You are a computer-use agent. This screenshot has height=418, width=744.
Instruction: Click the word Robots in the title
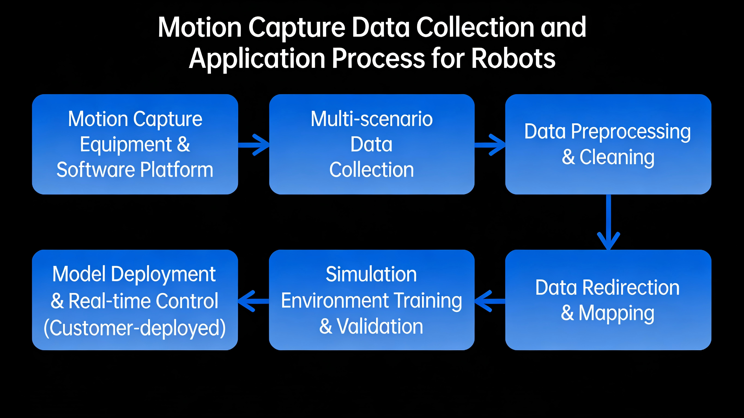click(513, 58)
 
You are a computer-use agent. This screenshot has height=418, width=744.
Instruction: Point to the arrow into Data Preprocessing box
click(490, 145)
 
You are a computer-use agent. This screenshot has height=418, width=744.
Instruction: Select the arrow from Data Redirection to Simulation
click(490, 301)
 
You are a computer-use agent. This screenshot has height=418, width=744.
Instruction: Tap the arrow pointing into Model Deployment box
click(253, 301)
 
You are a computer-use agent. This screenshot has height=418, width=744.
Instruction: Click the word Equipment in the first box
click(126, 144)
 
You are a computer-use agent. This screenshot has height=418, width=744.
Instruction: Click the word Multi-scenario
click(372, 119)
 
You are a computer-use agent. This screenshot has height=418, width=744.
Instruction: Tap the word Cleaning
click(617, 158)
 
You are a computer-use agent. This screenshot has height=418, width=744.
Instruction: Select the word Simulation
click(371, 274)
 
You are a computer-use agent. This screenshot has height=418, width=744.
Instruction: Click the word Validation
click(380, 327)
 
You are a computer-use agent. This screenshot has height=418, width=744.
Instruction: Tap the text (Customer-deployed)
click(135, 328)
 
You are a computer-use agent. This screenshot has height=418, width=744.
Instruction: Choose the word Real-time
click(110, 301)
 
